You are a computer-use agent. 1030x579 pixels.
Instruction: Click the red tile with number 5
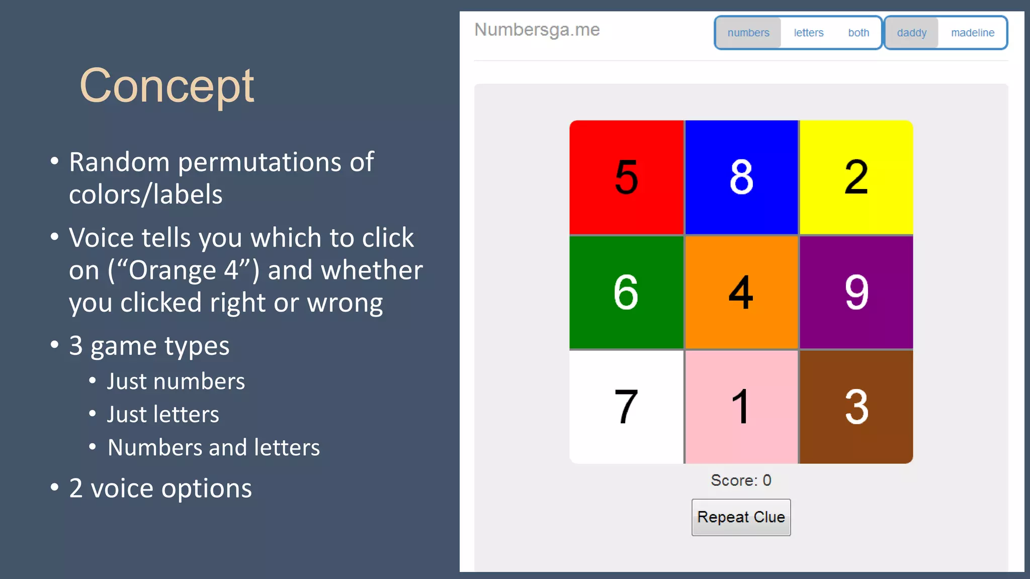point(626,177)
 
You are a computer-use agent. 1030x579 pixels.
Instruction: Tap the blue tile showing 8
point(741,177)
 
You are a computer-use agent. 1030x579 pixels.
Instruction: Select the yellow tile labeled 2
point(856,177)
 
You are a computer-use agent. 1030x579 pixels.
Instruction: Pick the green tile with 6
point(626,292)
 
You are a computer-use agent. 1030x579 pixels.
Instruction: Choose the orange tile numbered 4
point(741,292)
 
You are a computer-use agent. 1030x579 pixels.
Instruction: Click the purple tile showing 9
point(856,292)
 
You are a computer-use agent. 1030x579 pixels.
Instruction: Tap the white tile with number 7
point(626,407)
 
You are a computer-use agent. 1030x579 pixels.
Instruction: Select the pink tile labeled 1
point(741,407)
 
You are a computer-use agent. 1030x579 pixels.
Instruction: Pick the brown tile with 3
point(856,407)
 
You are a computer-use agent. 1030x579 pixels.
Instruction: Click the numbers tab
point(748,33)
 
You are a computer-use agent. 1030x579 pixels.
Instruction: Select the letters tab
point(809,33)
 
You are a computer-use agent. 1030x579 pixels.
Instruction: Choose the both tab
point(859,33)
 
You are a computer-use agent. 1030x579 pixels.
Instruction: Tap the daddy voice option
point(911,33)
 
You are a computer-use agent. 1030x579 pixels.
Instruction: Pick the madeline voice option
point(973,33)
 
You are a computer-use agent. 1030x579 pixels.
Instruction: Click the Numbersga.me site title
point(537,30)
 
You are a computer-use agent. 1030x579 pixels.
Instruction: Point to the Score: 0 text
point(741,480)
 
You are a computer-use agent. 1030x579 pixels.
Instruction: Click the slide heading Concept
point(166,86)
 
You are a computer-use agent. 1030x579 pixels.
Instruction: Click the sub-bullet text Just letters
point(163,415)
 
